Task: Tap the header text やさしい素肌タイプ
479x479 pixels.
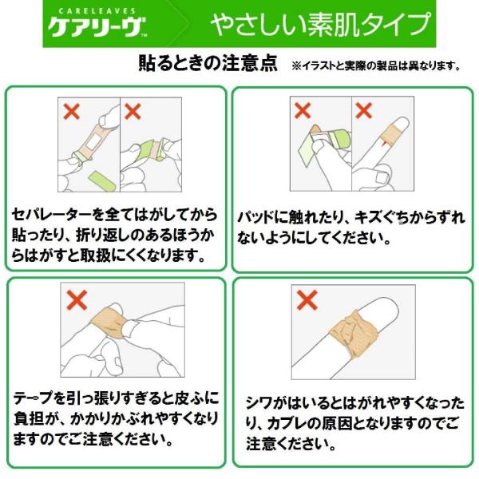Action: coord(320,24)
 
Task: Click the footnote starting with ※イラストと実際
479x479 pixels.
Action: coord(376,65)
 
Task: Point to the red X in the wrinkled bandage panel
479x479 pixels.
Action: coord(307,300)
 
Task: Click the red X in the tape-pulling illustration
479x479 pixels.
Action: coord(77,300)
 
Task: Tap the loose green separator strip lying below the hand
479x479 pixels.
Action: coord(102,181)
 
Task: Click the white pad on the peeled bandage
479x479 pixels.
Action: coord(94,142)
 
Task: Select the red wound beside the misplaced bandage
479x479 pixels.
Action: coord(384,141)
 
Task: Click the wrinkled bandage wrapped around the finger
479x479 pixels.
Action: coord(354,334)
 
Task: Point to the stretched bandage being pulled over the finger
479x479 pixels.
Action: coord(109,323)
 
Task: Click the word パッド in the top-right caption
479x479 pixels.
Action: coord(255,217)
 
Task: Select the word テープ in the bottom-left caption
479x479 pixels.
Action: coord(34,398)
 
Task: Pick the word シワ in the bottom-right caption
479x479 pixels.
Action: coord(259,403)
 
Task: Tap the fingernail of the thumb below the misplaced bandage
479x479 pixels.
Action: coord(381,178)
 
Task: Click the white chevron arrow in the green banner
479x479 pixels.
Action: coord(184,24)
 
